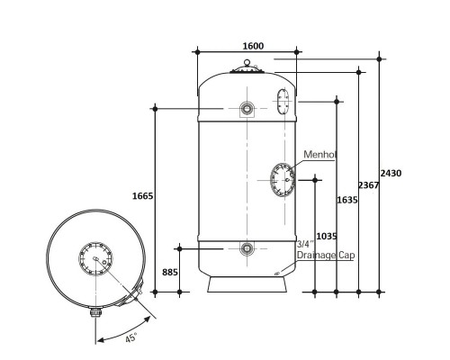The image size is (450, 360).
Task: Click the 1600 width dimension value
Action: click(253, 46)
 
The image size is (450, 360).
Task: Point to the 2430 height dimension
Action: click(391, 173)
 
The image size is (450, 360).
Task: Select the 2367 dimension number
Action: click(369, 185)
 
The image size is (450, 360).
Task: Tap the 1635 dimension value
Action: click(347, 200)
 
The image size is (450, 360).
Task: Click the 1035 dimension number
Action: click(327, 237)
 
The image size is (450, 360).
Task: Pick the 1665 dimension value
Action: click(143, 196)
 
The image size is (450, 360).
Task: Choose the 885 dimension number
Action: click(170, 272)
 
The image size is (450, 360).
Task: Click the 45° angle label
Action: click(131, 337)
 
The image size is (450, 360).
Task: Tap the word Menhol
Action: click(319, 155)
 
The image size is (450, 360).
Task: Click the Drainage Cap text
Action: click(326, 255)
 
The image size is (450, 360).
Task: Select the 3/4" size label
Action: click(305, 244)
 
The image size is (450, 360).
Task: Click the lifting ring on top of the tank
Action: click(247, 62)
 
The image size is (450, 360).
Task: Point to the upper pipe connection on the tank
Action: click(247, 108)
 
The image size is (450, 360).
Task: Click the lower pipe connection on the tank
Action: click(247, 248)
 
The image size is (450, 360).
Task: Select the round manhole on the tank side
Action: click(283, 180)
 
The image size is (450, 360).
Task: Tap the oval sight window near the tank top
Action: click(283, 102)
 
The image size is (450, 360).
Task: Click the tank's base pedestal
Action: click(247, 284)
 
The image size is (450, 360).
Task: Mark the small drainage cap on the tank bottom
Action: click(277, 273)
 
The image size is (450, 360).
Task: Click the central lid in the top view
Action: click(95, 258)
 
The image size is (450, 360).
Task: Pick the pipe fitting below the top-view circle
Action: click(95, 312)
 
